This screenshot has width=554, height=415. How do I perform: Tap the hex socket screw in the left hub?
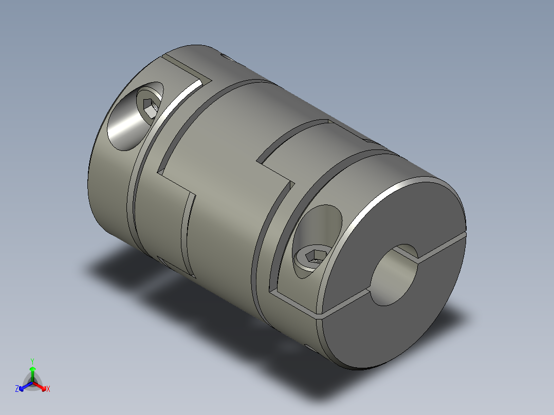(x=151, y=108)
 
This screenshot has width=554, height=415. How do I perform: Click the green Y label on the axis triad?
(x=32, y=361)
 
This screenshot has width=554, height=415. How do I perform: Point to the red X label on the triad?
(x=48, y=389)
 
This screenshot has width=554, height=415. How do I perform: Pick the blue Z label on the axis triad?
(x=17, y=389)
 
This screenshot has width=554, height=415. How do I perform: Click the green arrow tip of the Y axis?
(x=32, y=368)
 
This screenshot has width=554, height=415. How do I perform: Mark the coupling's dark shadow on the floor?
(x=154, y=288)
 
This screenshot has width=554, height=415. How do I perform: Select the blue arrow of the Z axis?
(x=24, y=386)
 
